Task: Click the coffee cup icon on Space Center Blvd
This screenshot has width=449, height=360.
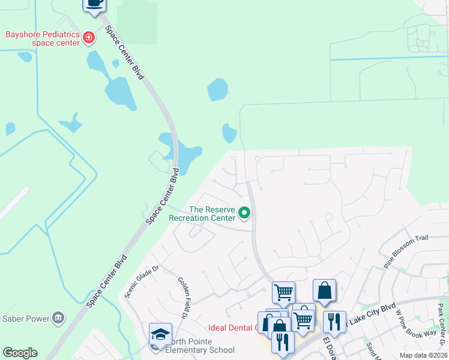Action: tap(94, 3)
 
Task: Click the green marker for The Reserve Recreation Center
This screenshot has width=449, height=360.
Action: tap(244, 213)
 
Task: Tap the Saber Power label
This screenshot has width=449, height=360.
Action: tap(26, 318)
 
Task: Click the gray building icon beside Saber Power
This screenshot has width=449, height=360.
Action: tap(58, 317)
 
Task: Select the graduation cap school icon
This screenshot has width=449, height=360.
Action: tap(161, 334)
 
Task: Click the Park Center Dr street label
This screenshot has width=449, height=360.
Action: tap(442, 324)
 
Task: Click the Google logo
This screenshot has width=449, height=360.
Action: tap(20, 353)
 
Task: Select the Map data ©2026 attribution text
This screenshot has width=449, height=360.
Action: tap(423, 355)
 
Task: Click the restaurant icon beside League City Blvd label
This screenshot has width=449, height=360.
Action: tap(334, 321)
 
